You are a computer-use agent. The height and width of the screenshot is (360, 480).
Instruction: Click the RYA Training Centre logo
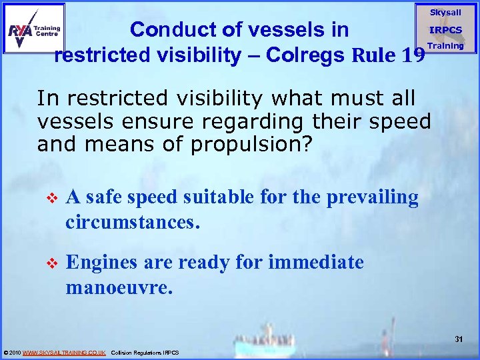(34, 28)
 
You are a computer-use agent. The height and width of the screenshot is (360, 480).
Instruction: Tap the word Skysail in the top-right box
(445, 13)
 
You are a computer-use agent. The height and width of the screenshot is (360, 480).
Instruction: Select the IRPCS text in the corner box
(445, 30)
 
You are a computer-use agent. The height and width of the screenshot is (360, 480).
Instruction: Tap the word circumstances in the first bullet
(133, 221)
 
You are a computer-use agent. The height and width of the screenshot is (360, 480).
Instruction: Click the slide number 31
(459, 339)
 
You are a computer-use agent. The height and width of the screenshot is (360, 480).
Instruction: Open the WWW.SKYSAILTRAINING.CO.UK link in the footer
(64, 352)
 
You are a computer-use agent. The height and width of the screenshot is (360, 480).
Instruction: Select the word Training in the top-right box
(445, 46)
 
